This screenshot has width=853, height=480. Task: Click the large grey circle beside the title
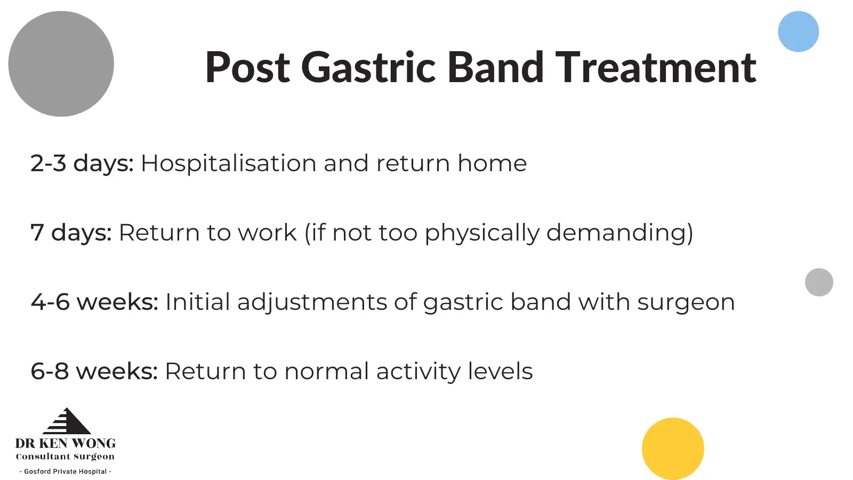tap(61, 63)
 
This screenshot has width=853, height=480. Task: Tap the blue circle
tap(798, 31)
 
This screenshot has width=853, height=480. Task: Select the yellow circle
tap(673, 449)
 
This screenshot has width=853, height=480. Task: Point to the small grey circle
tap(819, 282)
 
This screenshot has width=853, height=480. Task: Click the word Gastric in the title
tap(368, 67)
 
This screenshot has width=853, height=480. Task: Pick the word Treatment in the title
tap(656, 67)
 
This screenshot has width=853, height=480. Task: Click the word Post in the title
tap(247, 67)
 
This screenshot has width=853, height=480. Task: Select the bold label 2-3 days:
tap(82, 163)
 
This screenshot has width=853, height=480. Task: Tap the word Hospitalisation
tap(229, 163)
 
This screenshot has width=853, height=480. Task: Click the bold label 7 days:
tap(71, 233)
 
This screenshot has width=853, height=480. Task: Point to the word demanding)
tap(619, 233)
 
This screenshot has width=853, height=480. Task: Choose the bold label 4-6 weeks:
tap(94, 302)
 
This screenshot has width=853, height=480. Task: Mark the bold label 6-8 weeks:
tap(94, 371)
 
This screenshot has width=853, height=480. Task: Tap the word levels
tap(500, 371)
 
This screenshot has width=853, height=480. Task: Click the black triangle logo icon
tap(67, 421)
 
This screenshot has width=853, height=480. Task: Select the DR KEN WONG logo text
tap(65, 443)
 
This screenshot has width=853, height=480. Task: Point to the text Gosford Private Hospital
tap(66, 471)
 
